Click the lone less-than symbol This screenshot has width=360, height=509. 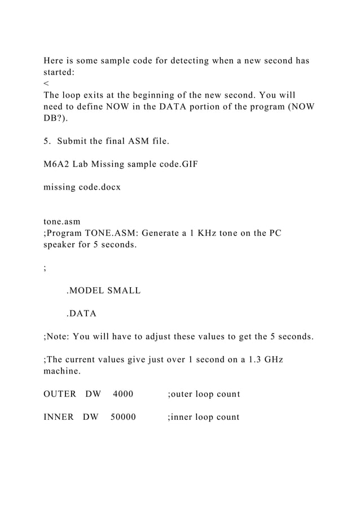point(46,85)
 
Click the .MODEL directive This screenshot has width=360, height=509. point(85,291)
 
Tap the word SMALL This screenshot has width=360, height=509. point(124,291)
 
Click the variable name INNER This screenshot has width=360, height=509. point(59,418)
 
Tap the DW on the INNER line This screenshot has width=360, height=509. point(90,418)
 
